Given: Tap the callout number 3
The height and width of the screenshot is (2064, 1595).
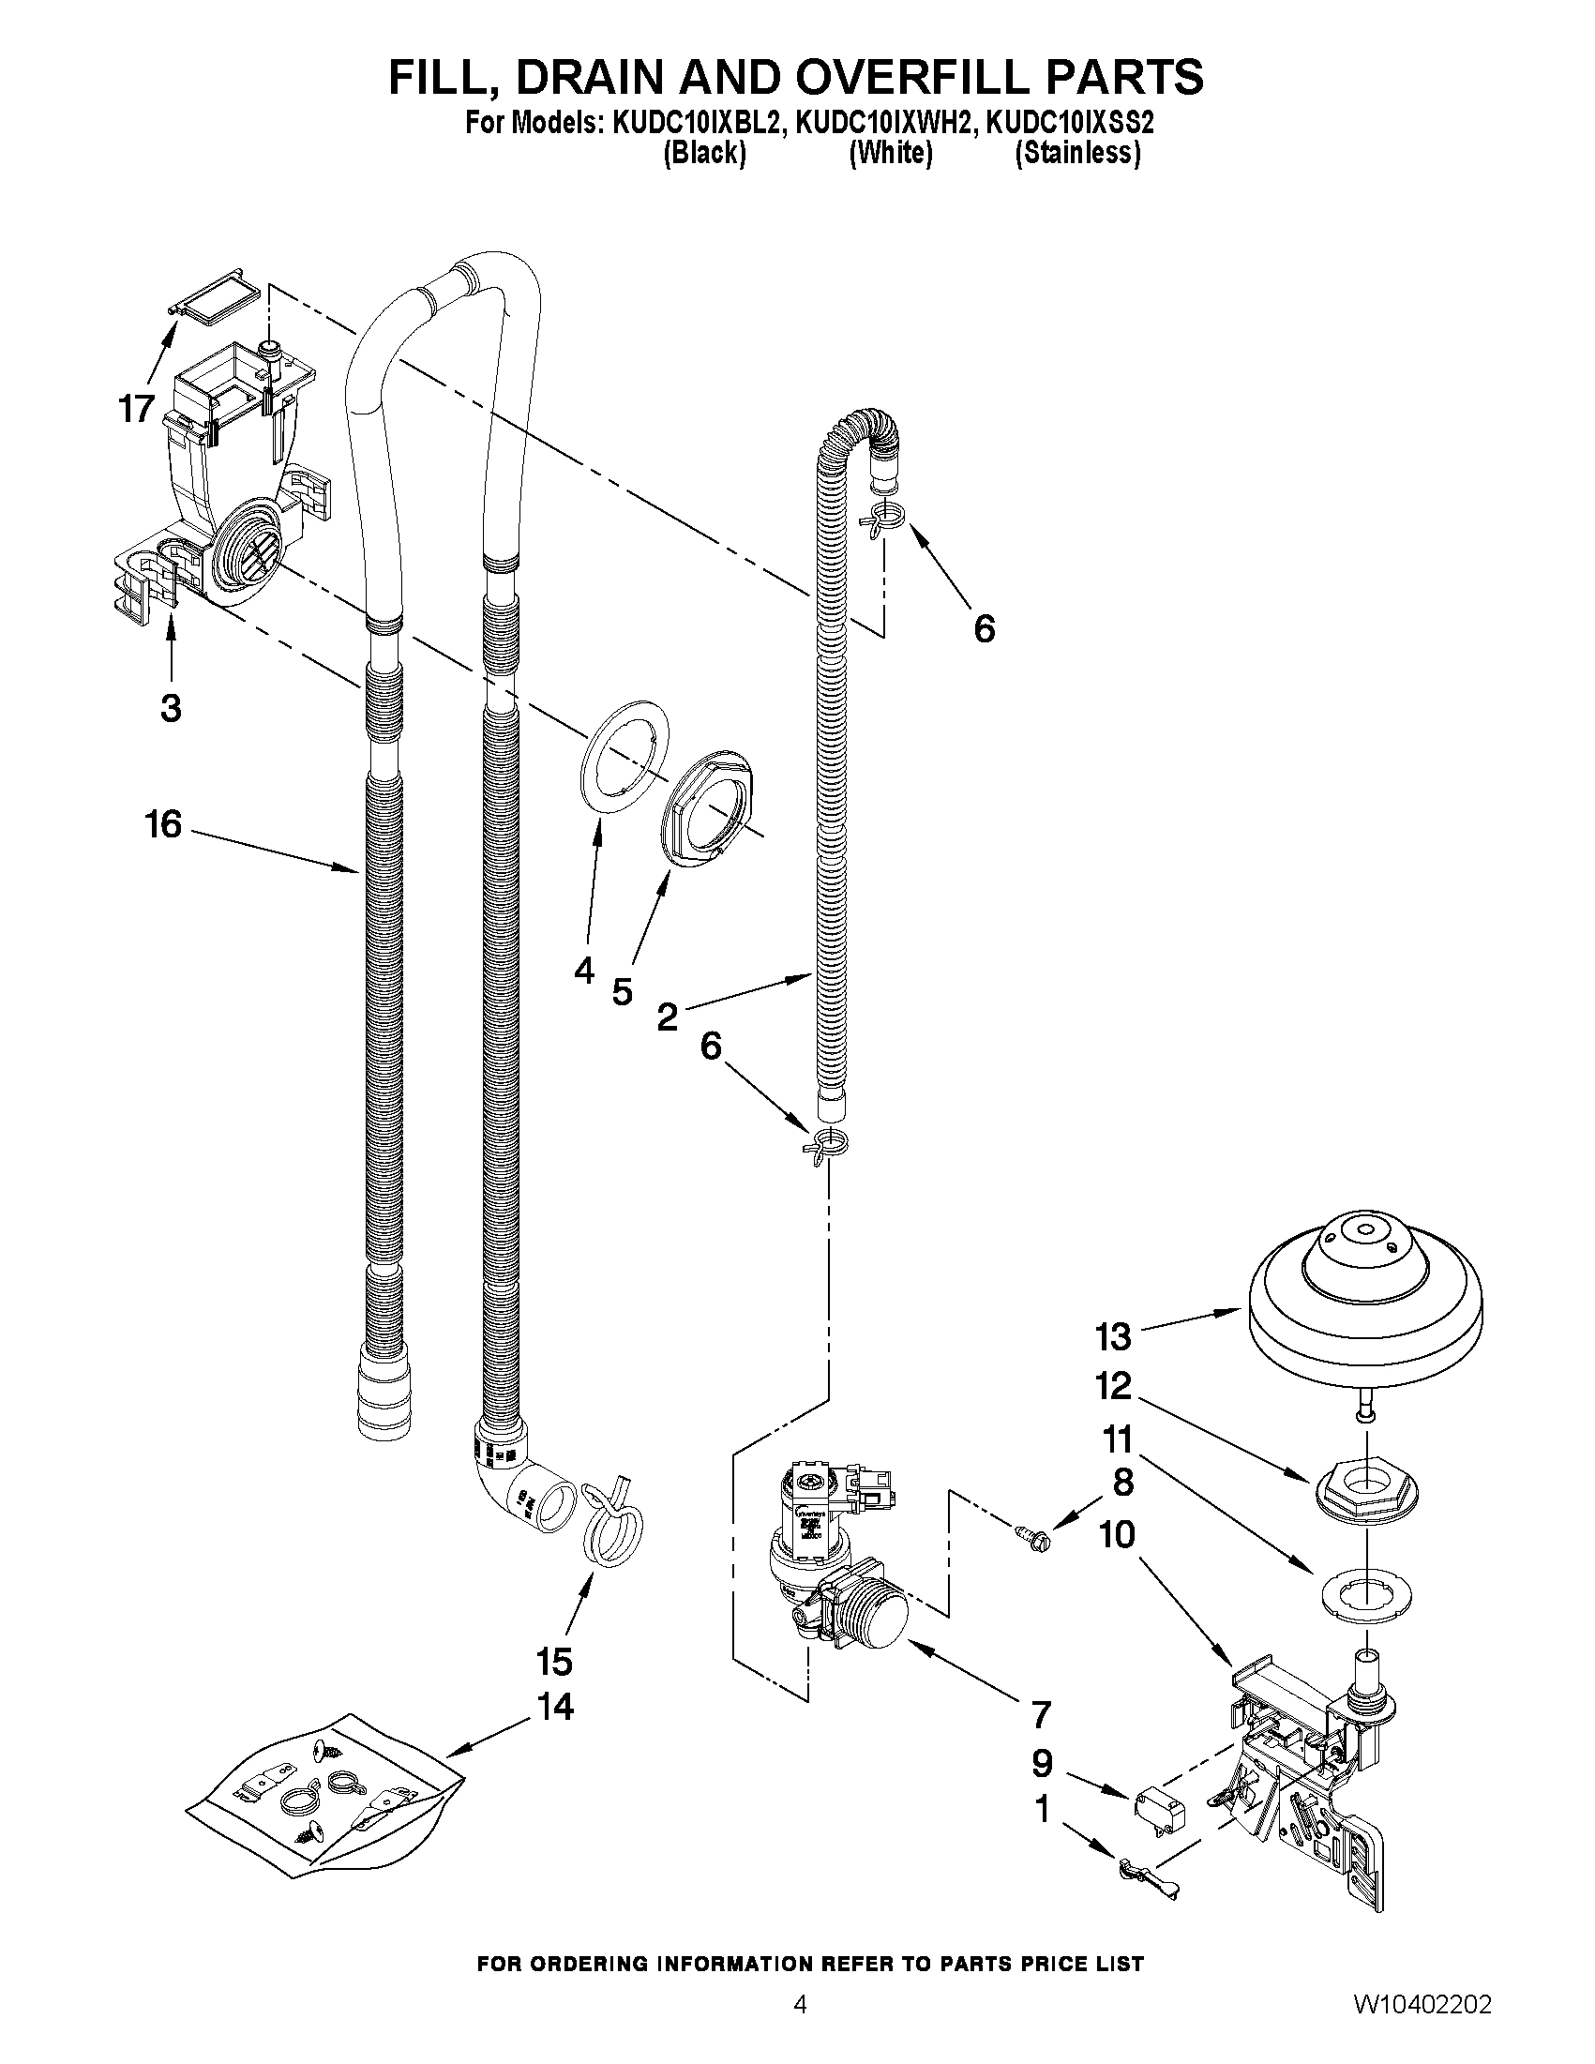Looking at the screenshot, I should (171, 707).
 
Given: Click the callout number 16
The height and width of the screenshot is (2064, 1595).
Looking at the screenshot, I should (163, 824).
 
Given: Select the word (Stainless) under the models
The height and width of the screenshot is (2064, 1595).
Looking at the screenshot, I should (1077, 153).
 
